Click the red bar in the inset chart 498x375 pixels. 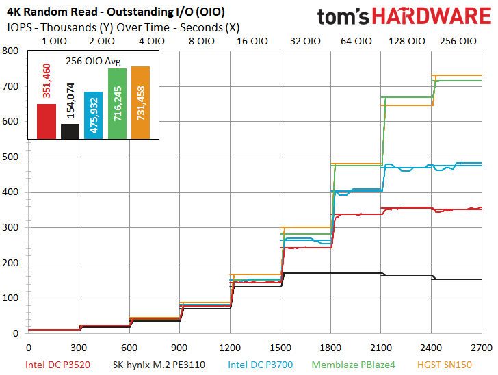pyautogui.click(x=47, y=121)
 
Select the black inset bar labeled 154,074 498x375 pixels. pyautogui.click(x=70, y=131)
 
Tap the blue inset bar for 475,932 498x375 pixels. pyautogui.click(x=93, y=116)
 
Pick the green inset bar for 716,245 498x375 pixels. pyautogui.click(x=117, y=103)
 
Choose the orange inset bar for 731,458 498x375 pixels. pyautogui.click(x=140, y=103)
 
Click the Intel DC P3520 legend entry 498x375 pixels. pyautogui.click(x=57, y=365)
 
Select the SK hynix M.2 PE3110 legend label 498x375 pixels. pyautogui.click(x=159, y=365)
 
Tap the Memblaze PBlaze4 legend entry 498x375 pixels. pyautogui.click(x=354, y=365)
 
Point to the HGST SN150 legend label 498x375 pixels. pyautogui.click(x=445, y=365)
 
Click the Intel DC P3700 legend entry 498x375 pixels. pyautogui.click(x=261, y=365)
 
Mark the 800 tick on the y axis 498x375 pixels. pyautogui.click(x=10, y=51)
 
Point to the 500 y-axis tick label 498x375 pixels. pyautogui.click(x=10, y=157)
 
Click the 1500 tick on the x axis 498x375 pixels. pyautogui.click(x=280, y=348)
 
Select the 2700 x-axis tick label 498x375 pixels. pyautogui.click(x=482, y=348)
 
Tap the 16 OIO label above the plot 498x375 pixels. pyautogui.click(x=252, y=41)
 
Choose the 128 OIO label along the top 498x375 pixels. pyautogui.click(x=407, y=41)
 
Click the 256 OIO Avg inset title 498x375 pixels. pyautogui.click(x=93, y=61)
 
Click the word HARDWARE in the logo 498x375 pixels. pyautogui.click(x=431, y=16)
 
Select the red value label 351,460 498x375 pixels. pyautogui.click(x=47, y=81)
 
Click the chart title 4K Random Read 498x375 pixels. pyautogui.click(x=52, y=12)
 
